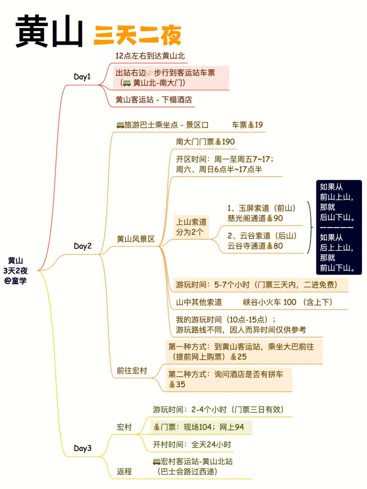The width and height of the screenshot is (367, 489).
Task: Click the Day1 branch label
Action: coord(82,77)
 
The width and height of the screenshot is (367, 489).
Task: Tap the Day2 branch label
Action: coord(83,246)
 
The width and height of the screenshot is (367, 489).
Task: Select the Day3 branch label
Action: coord(83,448)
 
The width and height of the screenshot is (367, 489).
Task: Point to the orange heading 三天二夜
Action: coord(138,35)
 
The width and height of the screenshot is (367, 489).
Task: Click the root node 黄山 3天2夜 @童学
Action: coord(15,270)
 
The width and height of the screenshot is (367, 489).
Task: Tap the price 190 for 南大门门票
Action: coord(228,142)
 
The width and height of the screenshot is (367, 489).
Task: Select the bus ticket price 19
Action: coord(259,125)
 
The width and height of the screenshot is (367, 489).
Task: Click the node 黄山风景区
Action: coord(136,239)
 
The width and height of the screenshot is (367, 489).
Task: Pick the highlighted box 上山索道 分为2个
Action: coord(191,227)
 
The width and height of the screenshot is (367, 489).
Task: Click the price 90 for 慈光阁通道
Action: coord(278,218)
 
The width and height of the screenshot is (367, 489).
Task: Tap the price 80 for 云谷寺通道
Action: coord(278,246)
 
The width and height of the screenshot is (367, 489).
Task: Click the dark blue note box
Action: coord(339,227)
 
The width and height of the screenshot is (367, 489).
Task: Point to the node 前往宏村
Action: coord(132,370)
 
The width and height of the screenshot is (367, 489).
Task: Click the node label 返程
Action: coord(124,471)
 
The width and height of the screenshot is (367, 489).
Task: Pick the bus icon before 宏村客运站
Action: coord(157,461)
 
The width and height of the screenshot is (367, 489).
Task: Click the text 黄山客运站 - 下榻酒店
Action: coord(154,99)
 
